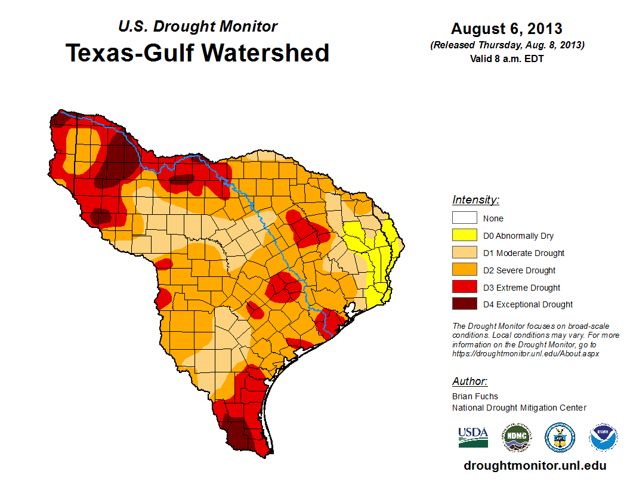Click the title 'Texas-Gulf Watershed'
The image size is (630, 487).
197,53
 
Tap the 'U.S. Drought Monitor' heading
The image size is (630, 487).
197,26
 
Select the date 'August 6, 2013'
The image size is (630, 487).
507,29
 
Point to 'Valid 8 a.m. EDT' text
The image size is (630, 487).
507,58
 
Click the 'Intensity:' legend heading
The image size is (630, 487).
475,200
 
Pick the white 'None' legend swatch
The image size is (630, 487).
464,218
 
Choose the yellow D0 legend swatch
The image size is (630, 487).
464,236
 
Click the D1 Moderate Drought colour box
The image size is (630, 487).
464,253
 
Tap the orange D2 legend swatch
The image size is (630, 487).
464,270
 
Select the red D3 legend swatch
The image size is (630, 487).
464,288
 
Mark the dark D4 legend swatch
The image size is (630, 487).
464,304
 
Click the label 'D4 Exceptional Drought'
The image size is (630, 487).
528,304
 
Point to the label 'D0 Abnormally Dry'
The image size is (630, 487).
518,236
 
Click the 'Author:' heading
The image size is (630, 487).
470,381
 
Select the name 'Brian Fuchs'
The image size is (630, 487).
475,396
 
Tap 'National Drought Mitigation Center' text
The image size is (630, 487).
519,408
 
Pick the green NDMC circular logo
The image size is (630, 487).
516,437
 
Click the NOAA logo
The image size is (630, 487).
603,437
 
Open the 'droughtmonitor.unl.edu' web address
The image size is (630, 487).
535,466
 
